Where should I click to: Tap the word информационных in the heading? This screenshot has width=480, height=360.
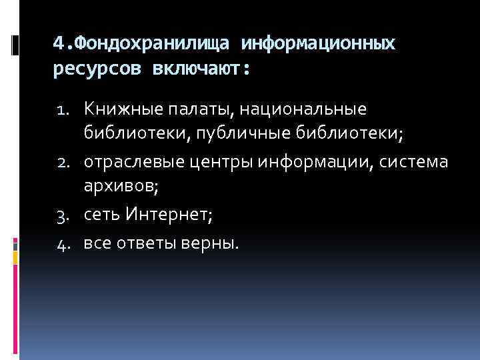pyautogui.click(x=319, y=44)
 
